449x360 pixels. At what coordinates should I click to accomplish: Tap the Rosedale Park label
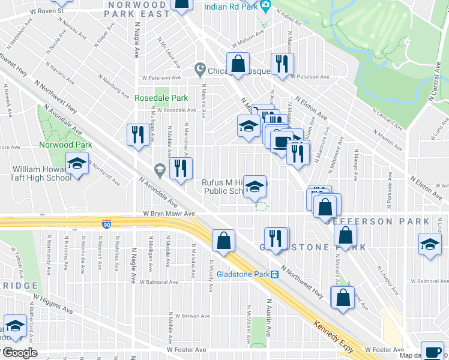tap(161, 98)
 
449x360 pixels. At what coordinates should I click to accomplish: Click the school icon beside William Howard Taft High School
tap(77, 164)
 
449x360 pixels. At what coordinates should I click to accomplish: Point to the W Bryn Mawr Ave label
tap(169, 214)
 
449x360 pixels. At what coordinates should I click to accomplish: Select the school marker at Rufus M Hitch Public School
tap(255, 187)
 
